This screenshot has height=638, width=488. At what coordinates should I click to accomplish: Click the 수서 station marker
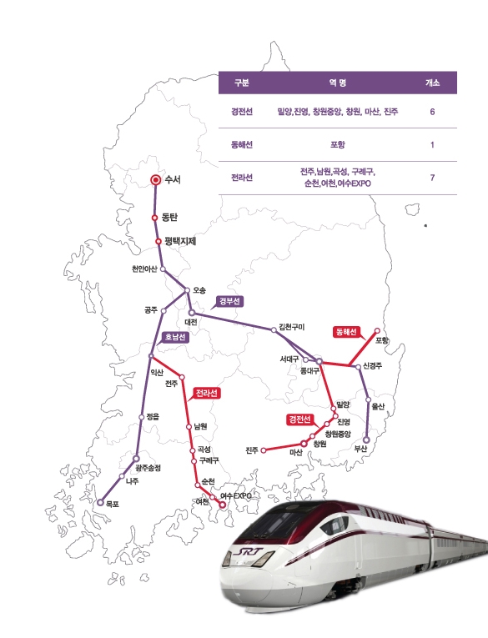[154, 179]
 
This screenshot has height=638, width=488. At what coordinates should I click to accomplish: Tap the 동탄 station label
[171, 219]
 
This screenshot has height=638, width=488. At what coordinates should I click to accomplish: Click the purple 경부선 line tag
[229, 301]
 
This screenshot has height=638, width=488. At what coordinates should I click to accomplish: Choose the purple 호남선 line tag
[175, 338]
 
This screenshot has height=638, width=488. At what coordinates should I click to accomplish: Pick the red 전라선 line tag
[207, 392]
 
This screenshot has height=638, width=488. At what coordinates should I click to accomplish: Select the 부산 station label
[360, 448]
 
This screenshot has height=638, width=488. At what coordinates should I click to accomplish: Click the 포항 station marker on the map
[376, 330]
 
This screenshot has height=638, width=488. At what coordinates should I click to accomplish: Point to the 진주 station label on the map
[252, 450]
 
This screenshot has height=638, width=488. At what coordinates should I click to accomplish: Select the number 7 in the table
[432, 178]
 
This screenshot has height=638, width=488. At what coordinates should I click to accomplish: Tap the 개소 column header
[432, 83]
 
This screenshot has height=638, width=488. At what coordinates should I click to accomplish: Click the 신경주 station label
[372, 366]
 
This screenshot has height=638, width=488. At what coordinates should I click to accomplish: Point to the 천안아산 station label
[144, 269]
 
